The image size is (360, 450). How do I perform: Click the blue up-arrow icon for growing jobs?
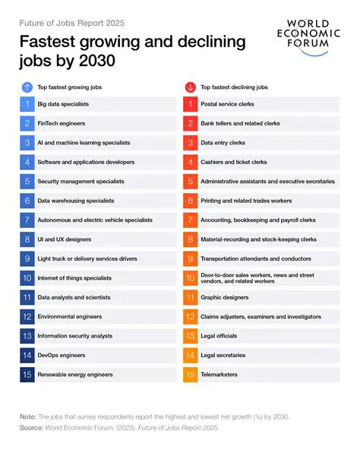coord(27,87)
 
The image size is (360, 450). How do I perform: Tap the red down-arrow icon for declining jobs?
coord(189,87)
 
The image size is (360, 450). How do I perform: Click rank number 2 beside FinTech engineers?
coord(27,123)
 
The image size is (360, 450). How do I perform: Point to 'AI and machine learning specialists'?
coord(84,142)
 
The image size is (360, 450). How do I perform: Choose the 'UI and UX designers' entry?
coord(67,239)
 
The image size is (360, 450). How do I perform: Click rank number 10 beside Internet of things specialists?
coord(27,278)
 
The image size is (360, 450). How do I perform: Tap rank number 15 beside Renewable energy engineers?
coord(27,374)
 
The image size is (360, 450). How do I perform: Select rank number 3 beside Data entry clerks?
coord(189,142)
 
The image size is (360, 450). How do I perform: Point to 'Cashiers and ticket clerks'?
coord(234,162)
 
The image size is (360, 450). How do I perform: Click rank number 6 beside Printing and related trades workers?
coord(189,201)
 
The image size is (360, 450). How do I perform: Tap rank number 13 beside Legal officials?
coord(189,336)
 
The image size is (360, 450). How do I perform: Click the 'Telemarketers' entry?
coord(220,374)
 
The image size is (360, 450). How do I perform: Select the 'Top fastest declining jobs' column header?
coord(235,87)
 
